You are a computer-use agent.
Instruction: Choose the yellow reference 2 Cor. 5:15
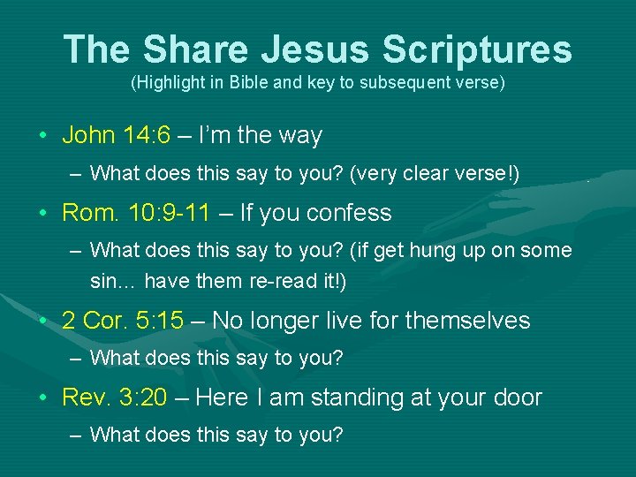(x=123, y=320)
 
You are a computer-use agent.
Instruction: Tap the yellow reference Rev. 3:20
(x=114, y=397)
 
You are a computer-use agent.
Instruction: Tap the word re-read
(x=284, y=282)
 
